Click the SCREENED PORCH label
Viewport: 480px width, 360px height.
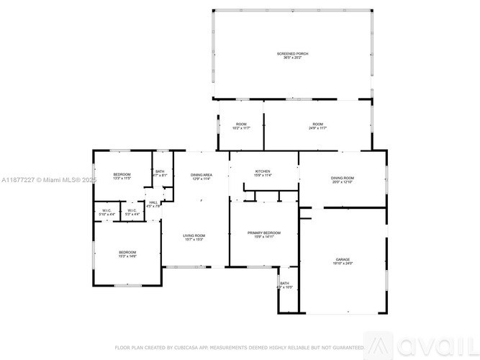pos(292,54)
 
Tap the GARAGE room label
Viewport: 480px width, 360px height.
pos(343,259)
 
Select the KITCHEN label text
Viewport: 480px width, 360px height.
pos(263,171)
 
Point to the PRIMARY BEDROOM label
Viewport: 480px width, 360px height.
pos(264,233)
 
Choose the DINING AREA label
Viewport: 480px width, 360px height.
pos(201,175)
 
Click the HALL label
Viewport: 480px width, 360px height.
pos(153,202)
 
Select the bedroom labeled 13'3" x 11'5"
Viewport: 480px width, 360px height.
pos(122,174)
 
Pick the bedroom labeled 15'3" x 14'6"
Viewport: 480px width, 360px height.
pos(127,252)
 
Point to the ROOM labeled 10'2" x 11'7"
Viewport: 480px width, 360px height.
pos(241,125)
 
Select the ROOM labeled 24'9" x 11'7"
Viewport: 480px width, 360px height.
pos(318,125)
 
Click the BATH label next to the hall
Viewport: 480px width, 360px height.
pos(160,171)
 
